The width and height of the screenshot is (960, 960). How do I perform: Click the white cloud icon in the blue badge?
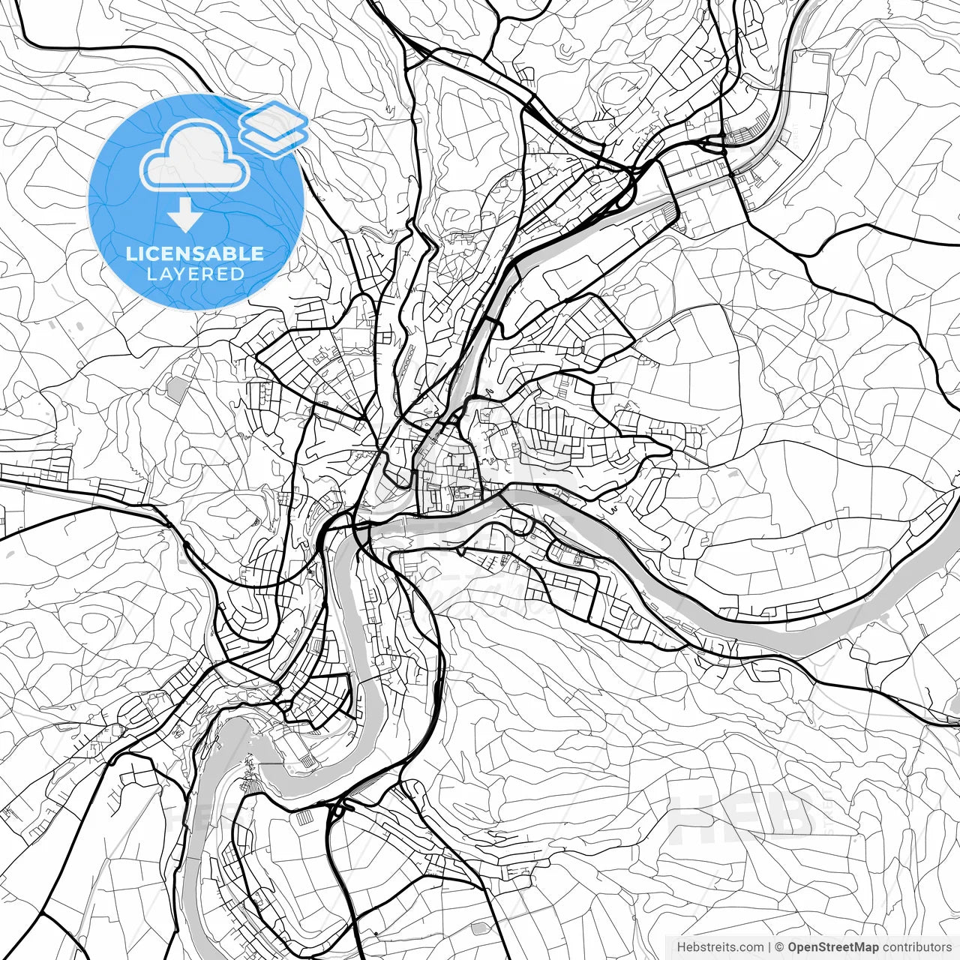[195, 156]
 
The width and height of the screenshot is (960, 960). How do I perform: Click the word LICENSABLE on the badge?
[195, 253]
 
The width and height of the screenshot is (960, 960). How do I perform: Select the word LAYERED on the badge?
[195, 274]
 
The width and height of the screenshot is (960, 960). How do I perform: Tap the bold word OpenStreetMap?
[833, 947]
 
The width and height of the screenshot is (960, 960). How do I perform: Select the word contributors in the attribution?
[916, 947]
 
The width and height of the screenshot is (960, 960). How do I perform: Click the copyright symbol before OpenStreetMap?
[779, 947]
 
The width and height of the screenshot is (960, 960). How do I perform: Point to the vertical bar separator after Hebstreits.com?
[770, 947]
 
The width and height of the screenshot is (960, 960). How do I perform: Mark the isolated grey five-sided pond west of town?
[177, 388]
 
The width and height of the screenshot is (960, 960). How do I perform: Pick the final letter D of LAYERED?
[238, 274]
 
